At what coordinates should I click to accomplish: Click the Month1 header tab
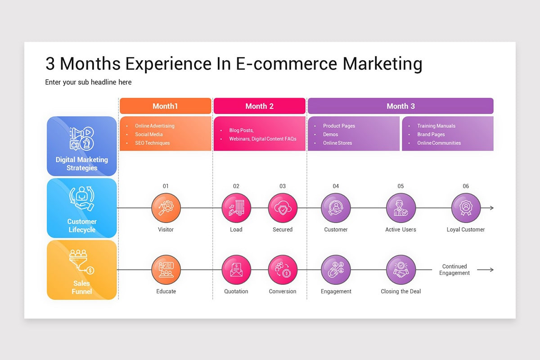click(165, 106)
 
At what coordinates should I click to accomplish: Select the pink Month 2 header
click(259, 106)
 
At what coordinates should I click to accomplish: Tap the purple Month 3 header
click(400, 106)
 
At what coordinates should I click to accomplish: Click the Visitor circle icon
click(166, 208)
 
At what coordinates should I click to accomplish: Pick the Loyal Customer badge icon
click(466, 208)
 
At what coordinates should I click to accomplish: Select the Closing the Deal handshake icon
click(400, 270)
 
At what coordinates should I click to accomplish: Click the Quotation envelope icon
click(236, 270)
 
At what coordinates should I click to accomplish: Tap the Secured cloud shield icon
click(283, 208)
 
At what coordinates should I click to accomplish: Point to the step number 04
click(336, 186)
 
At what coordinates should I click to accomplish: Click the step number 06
click(466, 186)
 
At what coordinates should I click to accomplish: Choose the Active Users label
click(400, 229)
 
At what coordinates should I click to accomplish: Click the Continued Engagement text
click(454, 270)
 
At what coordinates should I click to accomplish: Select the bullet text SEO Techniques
click(153, 143)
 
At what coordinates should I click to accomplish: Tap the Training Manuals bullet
click(436, 126)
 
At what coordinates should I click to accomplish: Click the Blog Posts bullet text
click(241, 130)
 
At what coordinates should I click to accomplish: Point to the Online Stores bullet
click(337, 143)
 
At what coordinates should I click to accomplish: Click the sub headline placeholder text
click(88, 82)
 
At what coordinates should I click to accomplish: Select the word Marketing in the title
click(382, 63)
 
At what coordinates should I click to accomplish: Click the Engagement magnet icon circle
click(336, 270)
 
